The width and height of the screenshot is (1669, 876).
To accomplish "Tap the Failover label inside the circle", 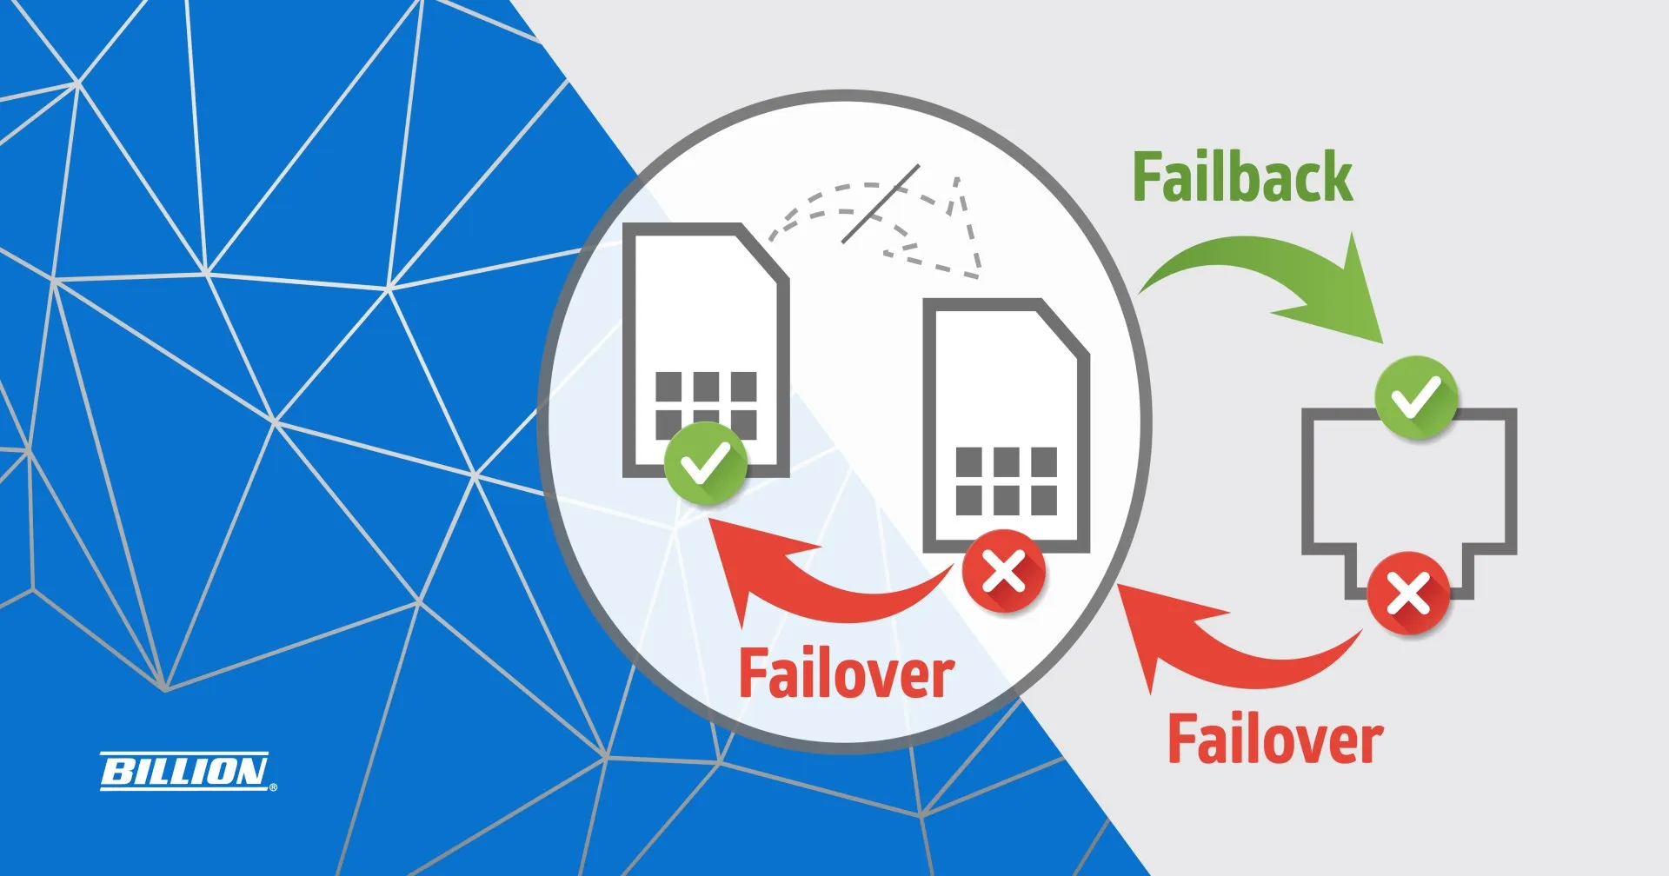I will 846,674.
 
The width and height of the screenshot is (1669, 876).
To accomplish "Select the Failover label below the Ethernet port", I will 1274,740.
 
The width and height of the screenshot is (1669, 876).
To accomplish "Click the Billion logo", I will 185,771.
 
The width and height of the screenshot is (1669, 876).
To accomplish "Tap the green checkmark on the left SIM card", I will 705,463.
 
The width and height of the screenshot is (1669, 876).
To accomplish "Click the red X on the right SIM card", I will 1004,572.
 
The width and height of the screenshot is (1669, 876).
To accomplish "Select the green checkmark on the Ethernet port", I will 1416,397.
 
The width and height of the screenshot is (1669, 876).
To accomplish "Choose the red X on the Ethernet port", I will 1408,595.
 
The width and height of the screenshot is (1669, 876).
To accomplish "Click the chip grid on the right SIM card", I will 1006,481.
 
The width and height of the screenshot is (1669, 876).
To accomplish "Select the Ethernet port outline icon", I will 1408,495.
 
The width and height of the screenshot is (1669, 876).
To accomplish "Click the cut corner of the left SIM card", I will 763,252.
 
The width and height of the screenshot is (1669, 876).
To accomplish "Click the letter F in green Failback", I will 1147,178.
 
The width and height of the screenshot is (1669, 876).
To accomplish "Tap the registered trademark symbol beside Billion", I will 274,787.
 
